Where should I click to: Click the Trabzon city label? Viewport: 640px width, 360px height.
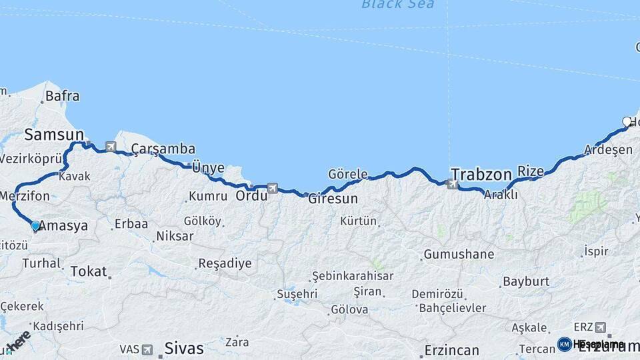(x=481, y=175)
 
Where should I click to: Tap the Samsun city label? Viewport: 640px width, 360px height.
(x=54, y=135)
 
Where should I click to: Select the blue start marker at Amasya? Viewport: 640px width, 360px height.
(x=35, y=226)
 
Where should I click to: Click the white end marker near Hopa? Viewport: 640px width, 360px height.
(x=627, y=121)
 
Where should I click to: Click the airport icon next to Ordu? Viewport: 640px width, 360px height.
(x=272, y=189)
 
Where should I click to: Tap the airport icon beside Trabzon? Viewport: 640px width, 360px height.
(x=453, y=184)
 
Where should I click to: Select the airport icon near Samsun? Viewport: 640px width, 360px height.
(x=111, y=146)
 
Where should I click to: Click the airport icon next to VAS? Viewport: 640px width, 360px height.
(x=147, y=349)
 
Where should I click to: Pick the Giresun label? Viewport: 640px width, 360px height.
(x=333, y=199)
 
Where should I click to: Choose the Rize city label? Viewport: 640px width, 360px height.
(x=531, y=171)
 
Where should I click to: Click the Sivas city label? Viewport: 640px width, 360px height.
(x=183, y=348)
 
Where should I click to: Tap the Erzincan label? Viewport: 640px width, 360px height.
(x=451, y=351)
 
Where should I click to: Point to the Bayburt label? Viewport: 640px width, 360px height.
(x=526, y=281)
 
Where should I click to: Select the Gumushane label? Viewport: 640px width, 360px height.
(x=459, y=254)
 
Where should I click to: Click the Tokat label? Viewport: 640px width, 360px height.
(x=88, y=271)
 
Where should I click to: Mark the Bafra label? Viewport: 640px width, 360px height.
(x=62, y=96)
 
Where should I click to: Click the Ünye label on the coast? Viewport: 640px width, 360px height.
(x=208, y=167)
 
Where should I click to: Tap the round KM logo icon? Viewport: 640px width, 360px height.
(x=564, y=344)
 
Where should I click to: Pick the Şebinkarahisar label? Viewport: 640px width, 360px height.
(x=353, y=276)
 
